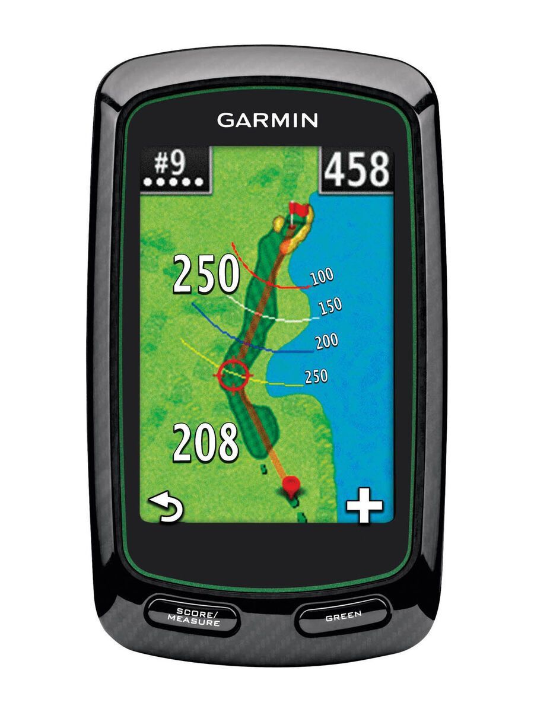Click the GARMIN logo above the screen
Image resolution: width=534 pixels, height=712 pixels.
[x=268, y=120]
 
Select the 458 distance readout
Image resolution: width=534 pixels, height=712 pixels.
[x=357, y=170]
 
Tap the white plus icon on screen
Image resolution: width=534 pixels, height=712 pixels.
[x=364, y=508]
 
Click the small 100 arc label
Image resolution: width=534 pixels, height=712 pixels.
[x=322, y=276]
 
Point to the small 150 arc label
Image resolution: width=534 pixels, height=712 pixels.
[x=330, y=306]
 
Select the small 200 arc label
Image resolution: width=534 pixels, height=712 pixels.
[x=326, y=341]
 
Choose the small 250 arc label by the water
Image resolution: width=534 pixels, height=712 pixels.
[x=316, y=376]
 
